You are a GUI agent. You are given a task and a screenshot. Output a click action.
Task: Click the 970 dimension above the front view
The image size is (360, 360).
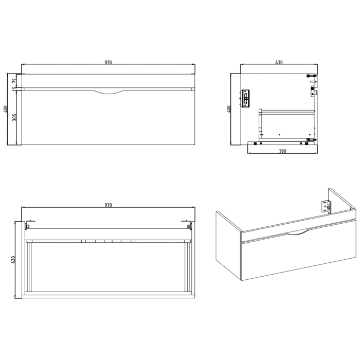(108, 62)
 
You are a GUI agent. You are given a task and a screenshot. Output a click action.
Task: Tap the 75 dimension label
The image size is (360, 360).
(15, 80)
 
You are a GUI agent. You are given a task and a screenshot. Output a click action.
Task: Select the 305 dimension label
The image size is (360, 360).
(15, 117)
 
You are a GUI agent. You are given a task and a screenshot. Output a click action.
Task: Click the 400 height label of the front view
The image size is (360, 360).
(6, 109)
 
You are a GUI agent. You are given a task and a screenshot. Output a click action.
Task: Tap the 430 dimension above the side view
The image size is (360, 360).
(279, 62)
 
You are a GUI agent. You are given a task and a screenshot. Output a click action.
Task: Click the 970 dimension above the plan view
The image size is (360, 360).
(108, 205)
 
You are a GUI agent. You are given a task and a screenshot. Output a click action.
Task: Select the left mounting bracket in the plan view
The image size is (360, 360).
(27, 225)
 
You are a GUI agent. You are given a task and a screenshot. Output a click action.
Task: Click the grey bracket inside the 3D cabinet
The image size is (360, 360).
(326, 206)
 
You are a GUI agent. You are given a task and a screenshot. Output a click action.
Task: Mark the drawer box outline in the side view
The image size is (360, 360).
(286, 123)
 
